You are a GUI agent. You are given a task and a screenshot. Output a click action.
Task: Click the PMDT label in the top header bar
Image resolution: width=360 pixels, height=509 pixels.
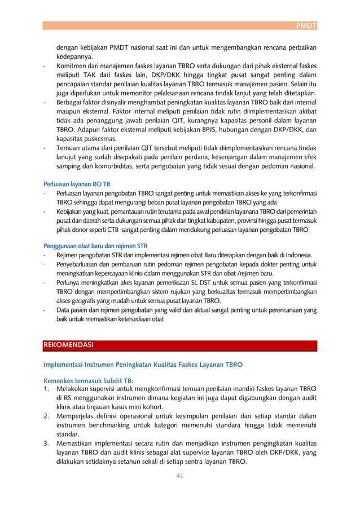pyautogui.click(x=307, y=25)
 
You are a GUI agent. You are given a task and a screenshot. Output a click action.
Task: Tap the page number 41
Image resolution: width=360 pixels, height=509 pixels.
pyautogui.click(x=179, y=475)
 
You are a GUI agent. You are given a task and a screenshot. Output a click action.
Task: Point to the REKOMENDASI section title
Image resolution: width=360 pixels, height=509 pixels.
pyautogui.click(x=68, y=344)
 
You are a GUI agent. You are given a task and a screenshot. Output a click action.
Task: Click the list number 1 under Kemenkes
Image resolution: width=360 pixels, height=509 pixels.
pyautogui.click(x=46, y=389)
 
